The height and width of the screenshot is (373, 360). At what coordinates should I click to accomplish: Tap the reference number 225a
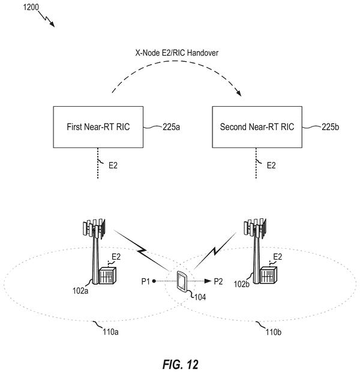tap(171, 127)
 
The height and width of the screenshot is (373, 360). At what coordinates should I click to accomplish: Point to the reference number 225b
tap(330, 127)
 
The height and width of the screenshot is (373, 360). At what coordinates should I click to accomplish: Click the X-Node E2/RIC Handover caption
tap(177, 53)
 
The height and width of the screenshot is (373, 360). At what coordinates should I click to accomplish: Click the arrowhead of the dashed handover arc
tap(238, 93)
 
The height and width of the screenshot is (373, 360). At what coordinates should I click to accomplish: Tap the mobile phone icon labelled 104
tap(182, 281)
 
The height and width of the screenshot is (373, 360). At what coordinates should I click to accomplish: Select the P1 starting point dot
tap(154, 281)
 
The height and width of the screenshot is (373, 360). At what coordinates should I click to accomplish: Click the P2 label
tap(218, 281)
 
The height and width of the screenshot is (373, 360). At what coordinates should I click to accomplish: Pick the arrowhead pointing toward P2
tap(208, 281)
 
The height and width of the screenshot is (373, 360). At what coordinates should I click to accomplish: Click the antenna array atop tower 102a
tap(94, 228)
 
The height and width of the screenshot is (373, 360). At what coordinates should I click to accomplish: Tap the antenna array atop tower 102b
tap(255, 228)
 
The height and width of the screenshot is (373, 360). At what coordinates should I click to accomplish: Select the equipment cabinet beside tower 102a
tap(107, 275)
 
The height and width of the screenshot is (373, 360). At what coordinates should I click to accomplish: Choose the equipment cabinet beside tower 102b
tap(269, 275)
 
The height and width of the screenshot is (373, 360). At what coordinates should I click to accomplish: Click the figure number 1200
tap(31, 7)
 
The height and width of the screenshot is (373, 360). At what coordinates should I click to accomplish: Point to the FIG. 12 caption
tap(181, 364)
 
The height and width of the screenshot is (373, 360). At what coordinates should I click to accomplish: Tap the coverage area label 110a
tap(110, 332)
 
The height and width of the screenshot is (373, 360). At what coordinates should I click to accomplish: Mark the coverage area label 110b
tap(274, 332)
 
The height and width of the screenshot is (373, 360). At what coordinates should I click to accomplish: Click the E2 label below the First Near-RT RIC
tap(113, 166)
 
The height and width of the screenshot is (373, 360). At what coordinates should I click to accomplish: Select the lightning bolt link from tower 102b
tap(215, 251)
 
